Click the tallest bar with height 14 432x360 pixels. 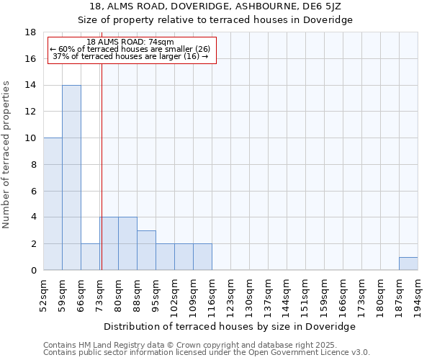click(71, 178)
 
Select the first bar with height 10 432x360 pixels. click(53, 204)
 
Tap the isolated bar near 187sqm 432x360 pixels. click(408, 264)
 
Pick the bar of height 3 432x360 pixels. click(146, 251)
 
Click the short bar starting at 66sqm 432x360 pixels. click(90, 257)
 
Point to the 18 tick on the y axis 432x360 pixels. click(31, 32)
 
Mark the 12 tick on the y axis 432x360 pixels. click(31, 112)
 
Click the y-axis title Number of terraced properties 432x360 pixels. click(7, 155)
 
